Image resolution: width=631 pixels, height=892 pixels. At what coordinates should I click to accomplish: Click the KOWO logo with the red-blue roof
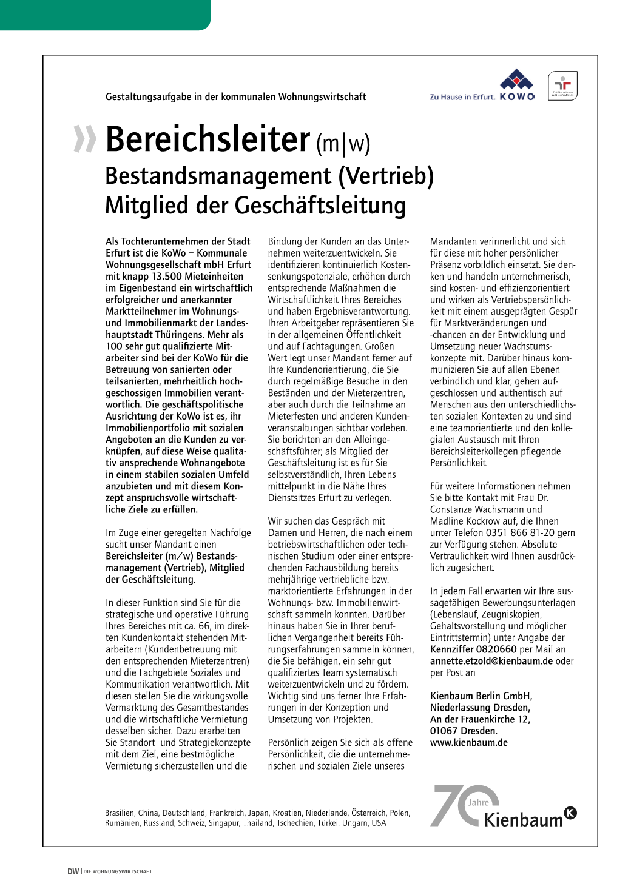point(516,85)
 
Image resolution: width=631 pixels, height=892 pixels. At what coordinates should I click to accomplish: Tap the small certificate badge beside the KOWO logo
point(562,86)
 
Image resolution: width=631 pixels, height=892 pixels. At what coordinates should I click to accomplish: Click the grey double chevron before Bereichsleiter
point(84,139)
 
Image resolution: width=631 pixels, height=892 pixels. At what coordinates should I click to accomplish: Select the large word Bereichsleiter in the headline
point(208,139)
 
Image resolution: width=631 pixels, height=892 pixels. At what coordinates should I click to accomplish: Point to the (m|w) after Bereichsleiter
point(343,143)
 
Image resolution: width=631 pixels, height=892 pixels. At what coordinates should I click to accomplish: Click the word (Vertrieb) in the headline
point(386,176)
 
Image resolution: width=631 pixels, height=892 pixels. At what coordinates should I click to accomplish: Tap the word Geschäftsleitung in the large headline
point(320,206)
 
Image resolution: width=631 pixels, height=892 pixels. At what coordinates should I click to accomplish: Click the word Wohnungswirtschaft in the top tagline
point(322,96)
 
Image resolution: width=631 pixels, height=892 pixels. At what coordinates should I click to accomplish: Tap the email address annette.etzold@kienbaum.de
point(491,661)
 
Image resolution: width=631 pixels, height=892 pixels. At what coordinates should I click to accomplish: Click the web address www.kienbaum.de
point(468,742)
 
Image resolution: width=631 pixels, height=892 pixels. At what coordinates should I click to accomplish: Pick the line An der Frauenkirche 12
point(480,719)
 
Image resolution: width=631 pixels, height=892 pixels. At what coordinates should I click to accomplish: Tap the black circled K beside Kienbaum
point(570,813)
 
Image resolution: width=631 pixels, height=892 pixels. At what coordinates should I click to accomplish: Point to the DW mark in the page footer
point(73,871)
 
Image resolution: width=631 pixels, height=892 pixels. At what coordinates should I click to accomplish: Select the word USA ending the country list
point(379,823)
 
